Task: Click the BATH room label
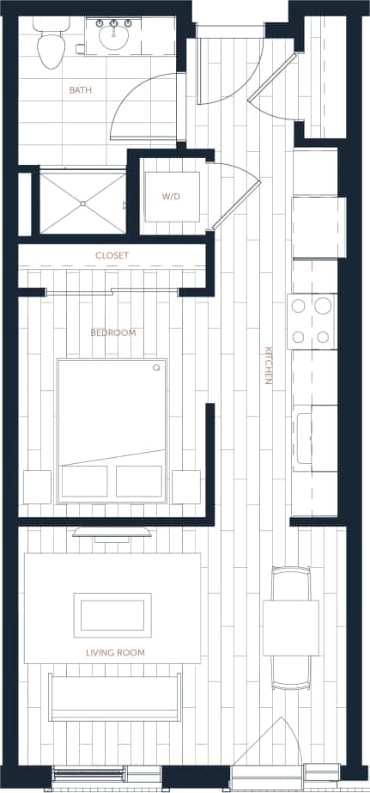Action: coord(81,89)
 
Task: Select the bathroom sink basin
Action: coord(112,36)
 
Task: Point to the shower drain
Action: coord(82,203)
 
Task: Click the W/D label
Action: coord(172,197)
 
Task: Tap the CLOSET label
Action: coord(112,255)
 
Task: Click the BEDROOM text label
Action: coord(112,332)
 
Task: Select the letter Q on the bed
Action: coord(156,368)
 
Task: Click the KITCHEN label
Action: coord(269,365)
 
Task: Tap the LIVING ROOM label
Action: coord(115,653)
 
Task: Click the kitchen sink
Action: coord(305,437)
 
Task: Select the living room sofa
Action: coord(115,697)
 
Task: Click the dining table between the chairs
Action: coord(290,627)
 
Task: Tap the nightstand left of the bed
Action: coord(37,486)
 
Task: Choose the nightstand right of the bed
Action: coord(185,486)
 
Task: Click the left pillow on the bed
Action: coord(84,481)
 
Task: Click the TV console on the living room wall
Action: coord(112,532)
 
